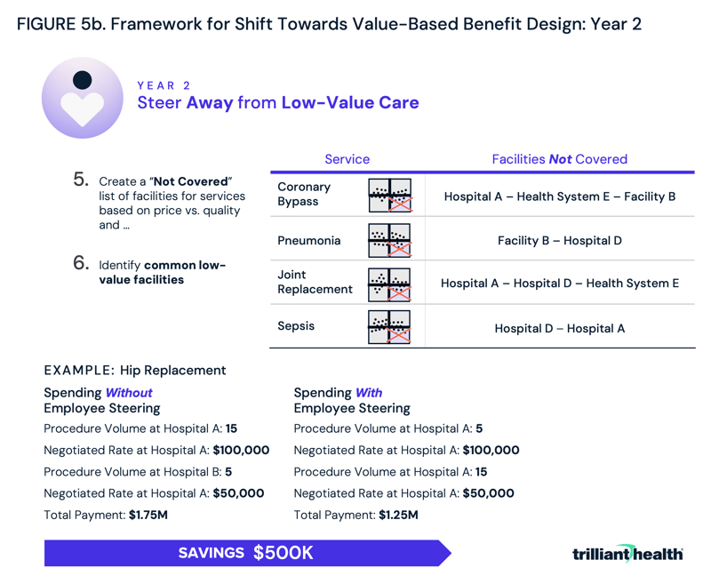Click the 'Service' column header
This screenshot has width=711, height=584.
pyautogui.click(x=347, y=159)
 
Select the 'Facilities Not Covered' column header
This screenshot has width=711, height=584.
pyautogui.click(x=559, y=159)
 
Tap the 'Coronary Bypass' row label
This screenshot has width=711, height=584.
pyautogui.click(x=304, y=195)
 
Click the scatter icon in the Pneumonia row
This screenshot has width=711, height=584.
pyautogui.click(x=389, y=240)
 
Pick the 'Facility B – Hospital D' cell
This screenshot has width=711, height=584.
pyautogui.click(x=559, y=241)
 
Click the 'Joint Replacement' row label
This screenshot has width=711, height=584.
pyautogui.click(x=315, y=283)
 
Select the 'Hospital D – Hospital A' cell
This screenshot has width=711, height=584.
pyautogui.click(x=559, y=328)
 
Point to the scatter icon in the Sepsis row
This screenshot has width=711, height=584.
pyautogui.click(x=389, y=327)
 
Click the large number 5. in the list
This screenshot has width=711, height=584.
pyautogui.click(x=81, y=180)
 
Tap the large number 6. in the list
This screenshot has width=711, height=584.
pyautogui.click(x=81, y=263)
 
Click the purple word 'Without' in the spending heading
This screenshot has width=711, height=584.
pyautogui.click(x=129, y=392)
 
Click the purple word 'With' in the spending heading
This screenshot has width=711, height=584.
pyautogui.click(x=369, y=392)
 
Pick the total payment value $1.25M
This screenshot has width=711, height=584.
pyautogui.click(x=398, y=515)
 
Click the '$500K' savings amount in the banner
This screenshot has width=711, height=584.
pyautogui.click(x=283, y=553)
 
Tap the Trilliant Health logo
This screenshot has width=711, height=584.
pyautogui.click(x=627, y=553)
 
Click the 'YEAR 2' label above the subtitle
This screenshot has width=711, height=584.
pyautogui.click(x=164, y=85)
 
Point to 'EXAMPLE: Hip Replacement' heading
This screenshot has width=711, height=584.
pyautogui.click(x=135, y=370)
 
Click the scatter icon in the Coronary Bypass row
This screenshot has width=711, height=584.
pyautogui.click(x=389, y=196)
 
